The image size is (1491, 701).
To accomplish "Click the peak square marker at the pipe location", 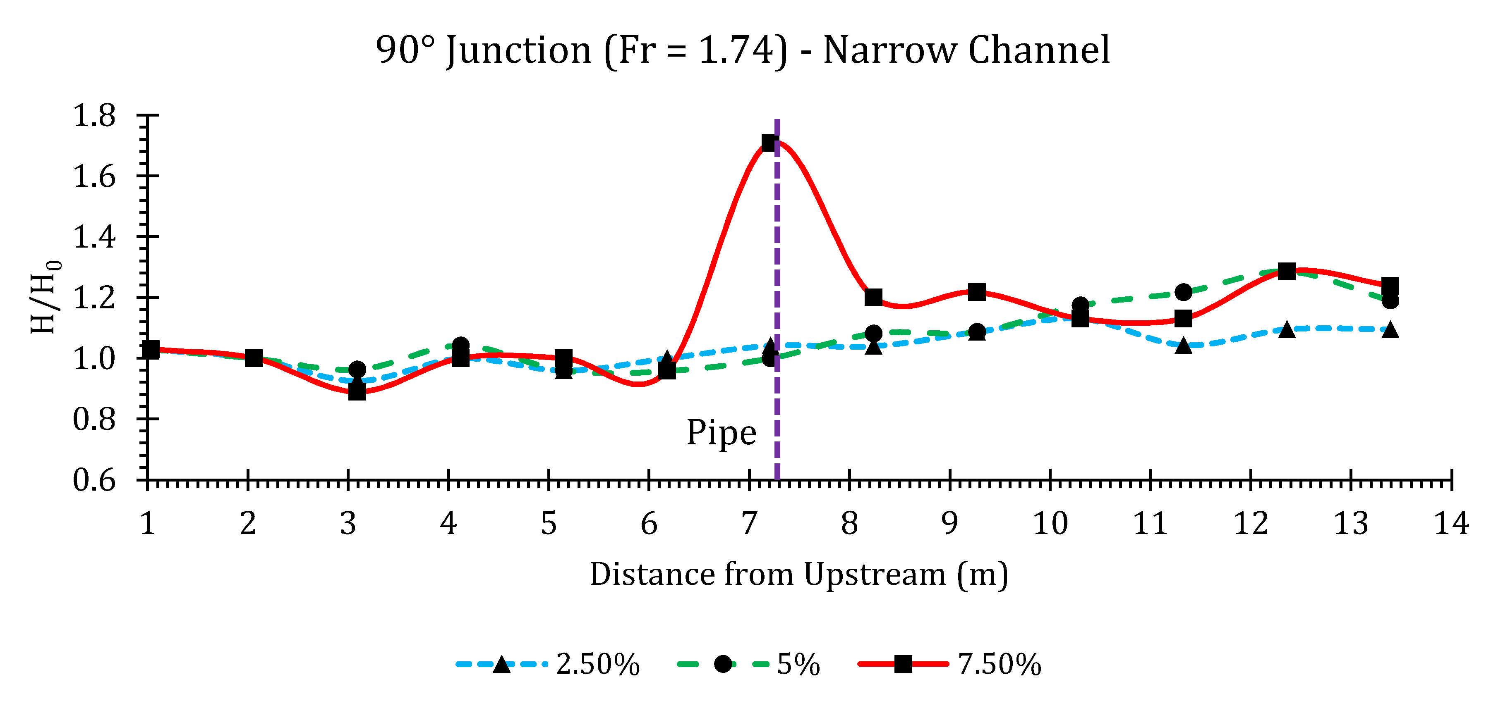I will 769,142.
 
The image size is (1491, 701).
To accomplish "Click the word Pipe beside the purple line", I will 721,433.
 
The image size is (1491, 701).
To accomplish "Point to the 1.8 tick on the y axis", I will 94,116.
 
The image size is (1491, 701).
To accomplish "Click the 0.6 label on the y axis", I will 94,479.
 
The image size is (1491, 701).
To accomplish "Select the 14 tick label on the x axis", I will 1450,523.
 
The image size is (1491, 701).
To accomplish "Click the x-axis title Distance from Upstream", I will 799,575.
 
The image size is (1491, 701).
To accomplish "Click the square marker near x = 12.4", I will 1287,271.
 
